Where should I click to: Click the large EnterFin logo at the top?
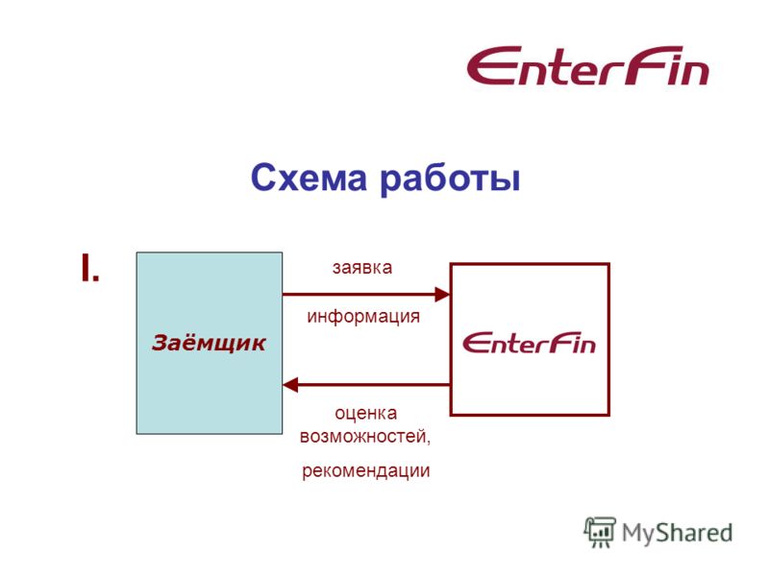point(587,66)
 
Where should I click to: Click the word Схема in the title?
point(309,178)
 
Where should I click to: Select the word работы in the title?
point(450,180)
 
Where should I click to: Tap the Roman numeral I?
point(90,268)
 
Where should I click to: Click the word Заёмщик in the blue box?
point(209,343)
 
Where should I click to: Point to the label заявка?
point(362,268)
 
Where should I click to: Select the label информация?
point(363,317)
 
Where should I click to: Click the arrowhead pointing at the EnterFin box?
point(442,295)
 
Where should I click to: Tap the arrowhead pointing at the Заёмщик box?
point(290,385)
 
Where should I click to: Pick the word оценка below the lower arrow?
point(366,414)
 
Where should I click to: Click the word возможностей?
point(365,436)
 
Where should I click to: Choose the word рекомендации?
point(366,470)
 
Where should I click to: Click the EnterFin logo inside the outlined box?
point(530,343)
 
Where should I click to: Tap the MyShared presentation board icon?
point(599,532)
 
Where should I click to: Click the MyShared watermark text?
point(677,533)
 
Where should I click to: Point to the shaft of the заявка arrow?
point(359,295)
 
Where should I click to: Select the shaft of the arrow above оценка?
point(374,385)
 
